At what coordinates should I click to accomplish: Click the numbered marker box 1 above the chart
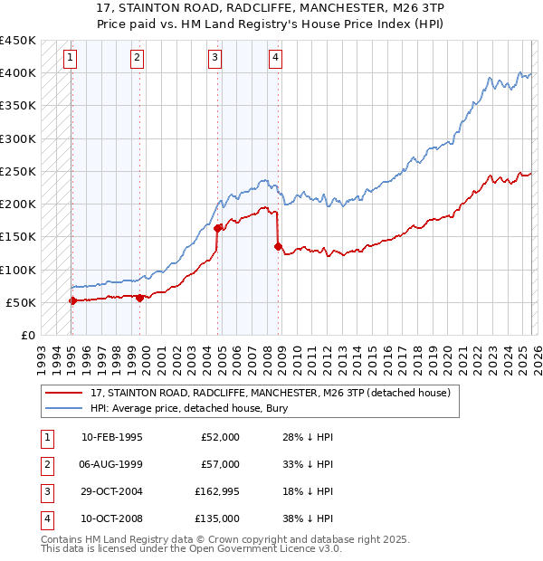pyautogui.click(x=71, y=59)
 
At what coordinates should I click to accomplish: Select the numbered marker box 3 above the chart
pyautogui.click(x=214, y=59)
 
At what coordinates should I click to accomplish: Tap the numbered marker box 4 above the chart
pyautogui.click(x=274, y=59)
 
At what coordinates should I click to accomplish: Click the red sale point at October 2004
pyautogui.click(x=217, y=228)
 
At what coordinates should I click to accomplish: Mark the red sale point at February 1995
pyautogui.click(x=72, y=300)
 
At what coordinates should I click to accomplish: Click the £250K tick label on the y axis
pyautogui.click(x=18, y=171)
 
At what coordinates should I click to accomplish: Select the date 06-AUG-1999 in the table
pyautogui.click(x=111, y=464)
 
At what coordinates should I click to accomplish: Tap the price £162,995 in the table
pyautogui.click(x=217, y=491)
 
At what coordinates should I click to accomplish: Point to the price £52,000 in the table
pyautogui.click(x=220, y=437)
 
